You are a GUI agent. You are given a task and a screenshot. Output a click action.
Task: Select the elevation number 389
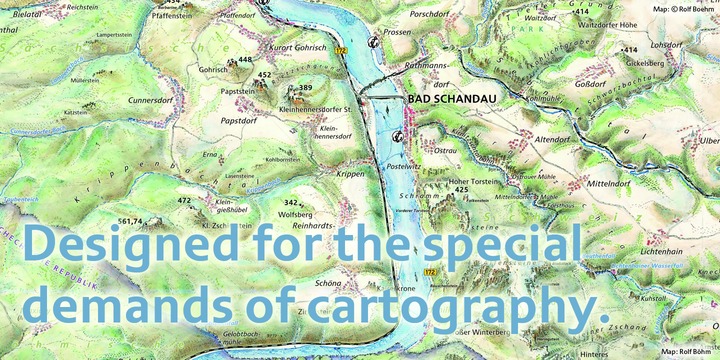pos(306,88)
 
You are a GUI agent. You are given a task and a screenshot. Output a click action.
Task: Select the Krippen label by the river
pos(350,174)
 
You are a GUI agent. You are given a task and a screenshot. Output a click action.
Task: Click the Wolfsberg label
pos(295,214)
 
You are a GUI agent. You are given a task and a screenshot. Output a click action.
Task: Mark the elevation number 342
pos(291,203)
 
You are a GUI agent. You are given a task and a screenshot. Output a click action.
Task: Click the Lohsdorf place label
pos(666,45)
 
